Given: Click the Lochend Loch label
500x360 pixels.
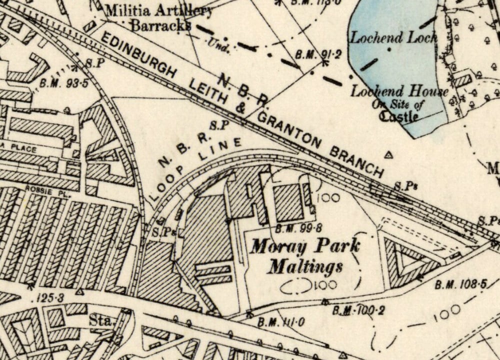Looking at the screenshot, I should pyautogui.click(x=393, y=37).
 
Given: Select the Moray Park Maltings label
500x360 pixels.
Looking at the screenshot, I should pyautogui.click(x=305, y=255).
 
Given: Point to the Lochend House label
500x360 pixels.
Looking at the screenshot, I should pyautogui.click(x=399, y=91).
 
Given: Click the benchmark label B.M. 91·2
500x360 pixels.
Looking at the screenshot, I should pyautogui.click(x=311, y=54).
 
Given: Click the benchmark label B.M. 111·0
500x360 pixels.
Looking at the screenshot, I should pyautogui.click(x=281, y=322).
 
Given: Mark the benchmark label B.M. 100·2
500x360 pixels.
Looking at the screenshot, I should pyautogui.click(x=359, y=310).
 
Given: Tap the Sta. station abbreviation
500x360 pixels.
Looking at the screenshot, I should pyautogui.click(x=101, y=320).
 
